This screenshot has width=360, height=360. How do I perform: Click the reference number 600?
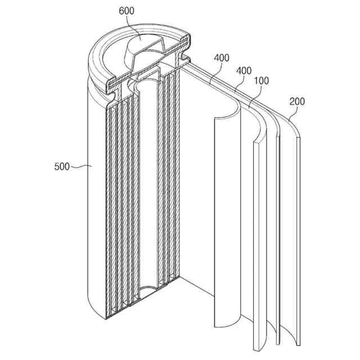tap(126, 11)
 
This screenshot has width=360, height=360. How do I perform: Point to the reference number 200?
tap(298, 102)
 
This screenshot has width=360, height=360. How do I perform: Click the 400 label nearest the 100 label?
tap(244, 71)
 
